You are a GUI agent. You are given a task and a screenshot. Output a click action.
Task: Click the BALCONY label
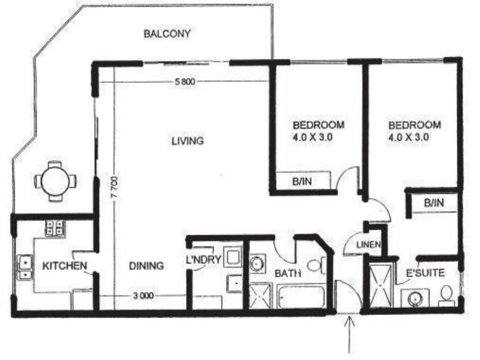coord(167,34)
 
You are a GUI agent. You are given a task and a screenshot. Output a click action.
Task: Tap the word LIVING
coord(188,142)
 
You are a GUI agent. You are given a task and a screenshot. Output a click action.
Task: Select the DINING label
coord(146,265)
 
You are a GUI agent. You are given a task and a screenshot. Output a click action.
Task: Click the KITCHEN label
coord(65,265)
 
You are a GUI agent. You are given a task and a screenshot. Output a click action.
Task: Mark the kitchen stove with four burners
coord(56,227)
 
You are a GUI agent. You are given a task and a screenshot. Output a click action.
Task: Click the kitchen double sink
coord(25,268)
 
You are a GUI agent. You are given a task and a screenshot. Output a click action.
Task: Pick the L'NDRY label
coord(205,260)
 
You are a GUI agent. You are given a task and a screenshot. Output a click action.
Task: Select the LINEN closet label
coord(365,245)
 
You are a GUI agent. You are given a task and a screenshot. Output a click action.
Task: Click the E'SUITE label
coord(425,273)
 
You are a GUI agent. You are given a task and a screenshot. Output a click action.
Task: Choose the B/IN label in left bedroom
coord(301,181)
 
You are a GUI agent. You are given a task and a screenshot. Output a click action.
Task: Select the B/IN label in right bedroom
coord(433,203)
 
